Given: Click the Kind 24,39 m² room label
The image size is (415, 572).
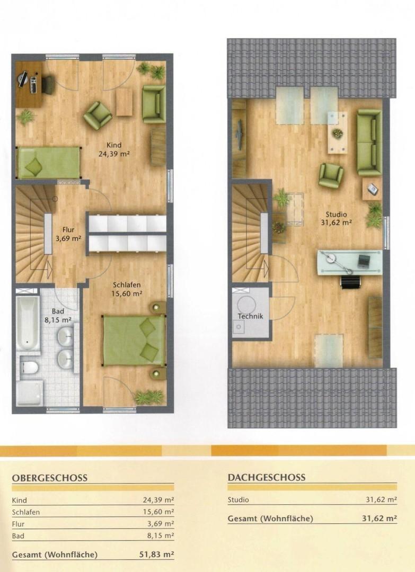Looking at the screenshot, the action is pyautogui.click(x=114, y=149).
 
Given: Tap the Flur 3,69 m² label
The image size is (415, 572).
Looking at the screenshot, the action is pyautogui.click(x=68, y=234).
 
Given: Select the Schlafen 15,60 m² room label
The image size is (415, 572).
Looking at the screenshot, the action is pyautogui.click(x=127, y=289).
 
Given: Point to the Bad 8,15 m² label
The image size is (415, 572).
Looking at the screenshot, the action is pyautogui.click(x=58, y=316).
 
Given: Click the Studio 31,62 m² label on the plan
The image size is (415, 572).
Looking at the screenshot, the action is pyautogui.click(x=336, y=219).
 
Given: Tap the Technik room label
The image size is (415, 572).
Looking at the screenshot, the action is pyautogui.click(x=250, y=316).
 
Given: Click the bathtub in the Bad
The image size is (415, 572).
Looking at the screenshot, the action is pyautogui.click(x=28, y=323).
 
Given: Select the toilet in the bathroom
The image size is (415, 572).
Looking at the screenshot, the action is pyautogui.click(x=29, y=367).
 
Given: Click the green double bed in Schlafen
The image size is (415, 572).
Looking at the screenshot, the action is pyautogui.click(x=134, y=341).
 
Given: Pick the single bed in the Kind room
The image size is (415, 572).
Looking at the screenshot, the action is pyautogui.click(x=48, y=163).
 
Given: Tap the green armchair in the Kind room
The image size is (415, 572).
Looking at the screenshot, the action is pyautogui.click(x=98, y=115).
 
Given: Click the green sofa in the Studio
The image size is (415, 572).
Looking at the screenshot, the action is pyautogui.click(x=369, y=142).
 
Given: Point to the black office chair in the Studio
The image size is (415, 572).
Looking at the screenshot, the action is pyautogui.click(x=351, y=281).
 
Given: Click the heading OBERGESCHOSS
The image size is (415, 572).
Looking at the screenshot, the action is pyautogui.click(x=50, y=478).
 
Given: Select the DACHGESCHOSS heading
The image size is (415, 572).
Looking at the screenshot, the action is pyautogui.click(x=267, y=478).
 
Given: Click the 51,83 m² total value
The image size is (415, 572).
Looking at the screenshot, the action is pyautogui.click(x=156, y=555).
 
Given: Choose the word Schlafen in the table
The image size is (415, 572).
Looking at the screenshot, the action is pyautogui.click(x=26, y=512).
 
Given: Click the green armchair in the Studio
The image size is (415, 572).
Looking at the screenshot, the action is pyautogui.click(x=331, y=175).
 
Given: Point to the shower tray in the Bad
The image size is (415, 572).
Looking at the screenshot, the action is pyautogui.click(x=30, y=394).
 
